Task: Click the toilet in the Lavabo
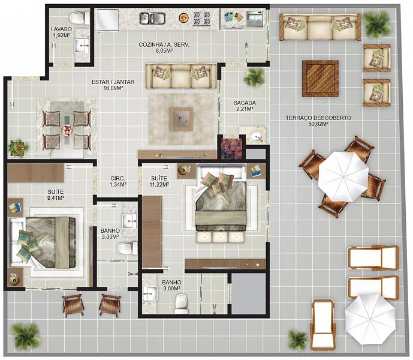coord(80,18)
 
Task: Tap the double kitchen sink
coord(152,18)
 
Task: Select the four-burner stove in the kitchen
coord(202,19)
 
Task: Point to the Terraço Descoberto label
coord(318,118)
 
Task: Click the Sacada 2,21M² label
coord(245,106)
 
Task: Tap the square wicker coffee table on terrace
coord(320,79)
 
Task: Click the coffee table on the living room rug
coord(181,119)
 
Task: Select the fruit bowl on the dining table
coord(67,130)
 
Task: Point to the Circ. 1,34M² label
coord(117,181)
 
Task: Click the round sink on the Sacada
coord(256,137)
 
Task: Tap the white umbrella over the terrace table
coord(343,176)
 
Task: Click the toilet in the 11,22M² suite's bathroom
coord(181,303)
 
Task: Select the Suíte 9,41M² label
coord(56,194)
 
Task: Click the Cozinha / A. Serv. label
coord(164,48)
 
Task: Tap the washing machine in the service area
coord(255,19)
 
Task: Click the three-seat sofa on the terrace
coord(320,27)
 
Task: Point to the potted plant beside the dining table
coord(19,148)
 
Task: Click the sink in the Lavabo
coord(82,46)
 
